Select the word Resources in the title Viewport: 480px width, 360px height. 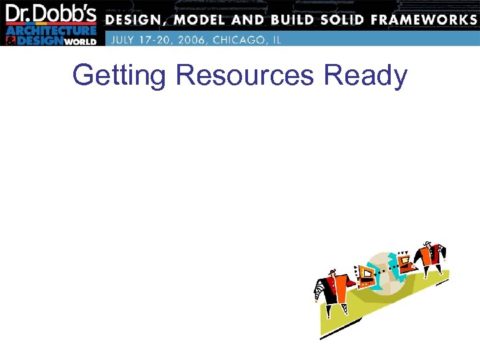[245, 75]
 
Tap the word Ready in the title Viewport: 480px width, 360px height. [365, 75]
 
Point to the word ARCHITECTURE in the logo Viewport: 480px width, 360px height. [51, 31]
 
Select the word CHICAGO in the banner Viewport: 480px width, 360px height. [237, 39]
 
